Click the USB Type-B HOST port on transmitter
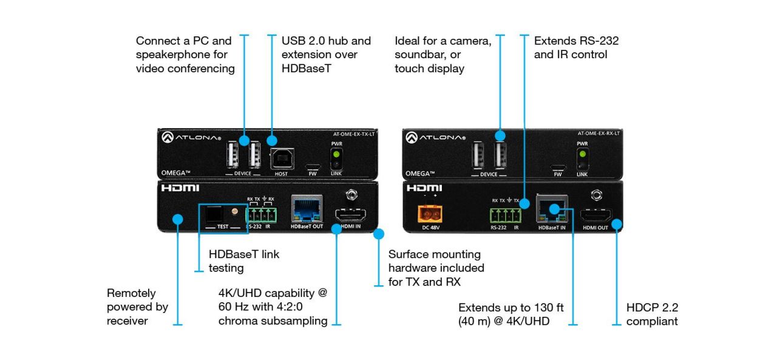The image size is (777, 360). pos(281,158)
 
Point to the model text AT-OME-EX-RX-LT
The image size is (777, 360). pos(598,134)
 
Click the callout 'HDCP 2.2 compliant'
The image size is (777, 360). pos(652,314)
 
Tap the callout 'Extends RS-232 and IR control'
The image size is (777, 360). pos(576,47)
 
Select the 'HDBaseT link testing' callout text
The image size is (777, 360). pos(244,261)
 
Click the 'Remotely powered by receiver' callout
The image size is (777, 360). pos(137,307)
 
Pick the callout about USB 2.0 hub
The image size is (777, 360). pos(326,54)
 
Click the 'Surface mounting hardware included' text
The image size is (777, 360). pos(436,268)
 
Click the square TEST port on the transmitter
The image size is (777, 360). pos(213,213)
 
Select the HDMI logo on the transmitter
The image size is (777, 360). pos(180,188)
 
